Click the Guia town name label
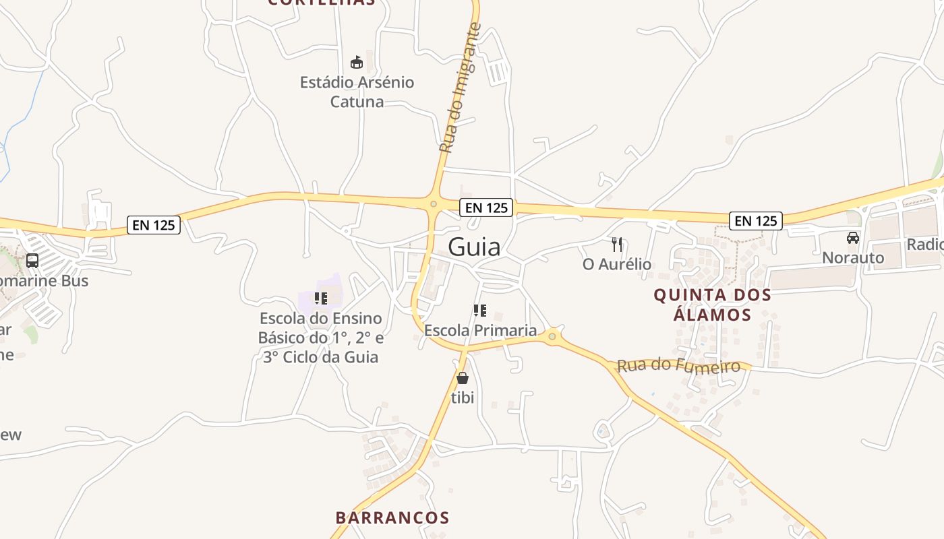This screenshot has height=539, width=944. point(474,247)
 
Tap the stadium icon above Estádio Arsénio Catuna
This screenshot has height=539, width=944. point(357,63)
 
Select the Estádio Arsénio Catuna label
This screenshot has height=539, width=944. point(357,92)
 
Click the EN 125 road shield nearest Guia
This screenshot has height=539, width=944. point(486,208)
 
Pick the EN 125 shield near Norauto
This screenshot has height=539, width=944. point(755,220)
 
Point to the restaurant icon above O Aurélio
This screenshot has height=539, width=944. point(616,244)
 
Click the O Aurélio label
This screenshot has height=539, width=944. point(616,264)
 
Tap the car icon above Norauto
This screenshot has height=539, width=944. point(853,238)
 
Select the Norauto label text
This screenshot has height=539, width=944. point(853,257)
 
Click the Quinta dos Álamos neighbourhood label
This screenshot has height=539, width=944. point(712,305)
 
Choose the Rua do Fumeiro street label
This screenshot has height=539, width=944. point(678,366)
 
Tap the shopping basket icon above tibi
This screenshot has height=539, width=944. point(463,378)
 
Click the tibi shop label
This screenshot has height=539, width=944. point(463,398)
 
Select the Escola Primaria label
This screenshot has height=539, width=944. point(480,330)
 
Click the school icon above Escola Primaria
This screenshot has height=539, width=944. point(480,311)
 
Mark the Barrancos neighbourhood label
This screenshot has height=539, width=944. point(392,517)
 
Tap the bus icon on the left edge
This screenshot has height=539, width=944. point(32,261)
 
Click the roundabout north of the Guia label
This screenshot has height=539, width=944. point(433,203)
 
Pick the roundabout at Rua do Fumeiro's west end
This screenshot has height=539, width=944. point(552,336)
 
